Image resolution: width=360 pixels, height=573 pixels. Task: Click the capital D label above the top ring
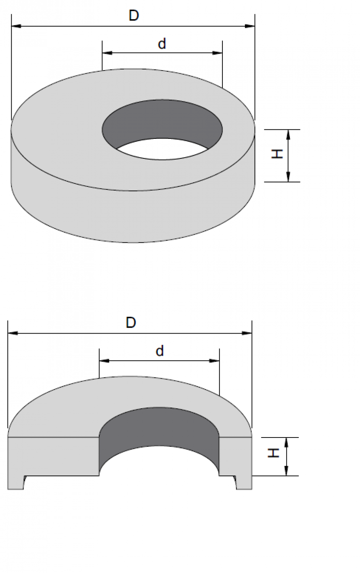[x=134, y=15]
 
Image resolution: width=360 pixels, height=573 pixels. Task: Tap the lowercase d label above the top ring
[x=162, y=44]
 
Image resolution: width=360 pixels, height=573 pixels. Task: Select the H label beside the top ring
[x=277, y=154]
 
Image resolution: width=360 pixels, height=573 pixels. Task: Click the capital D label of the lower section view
[x=130, y=322]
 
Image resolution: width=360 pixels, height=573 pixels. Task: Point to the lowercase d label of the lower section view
[x=159, y=351]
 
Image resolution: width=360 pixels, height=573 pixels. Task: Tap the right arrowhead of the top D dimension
[x=250, y=26]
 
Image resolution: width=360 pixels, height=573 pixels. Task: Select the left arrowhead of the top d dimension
[x=107, y=53]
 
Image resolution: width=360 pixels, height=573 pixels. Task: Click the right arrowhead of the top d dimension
[x=217, y=53]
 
